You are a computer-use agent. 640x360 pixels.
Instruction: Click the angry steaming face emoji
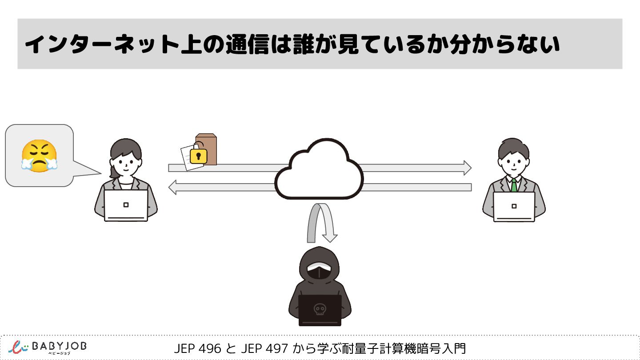pyautogui.click(x=39, y=156)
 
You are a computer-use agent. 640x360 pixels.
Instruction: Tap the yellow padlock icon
pyautogui.click(x=199, y=156)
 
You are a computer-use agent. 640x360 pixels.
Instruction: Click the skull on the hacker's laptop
pyautogui.click(x=319, y=309)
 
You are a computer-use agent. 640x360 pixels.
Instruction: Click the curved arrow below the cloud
pyautogui.click(x=320, y=222)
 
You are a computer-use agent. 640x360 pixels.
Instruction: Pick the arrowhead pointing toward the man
pyautogui.click(x=467, y=168)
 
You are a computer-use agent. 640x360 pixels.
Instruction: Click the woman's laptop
pyautogui.click(x=126, y=205)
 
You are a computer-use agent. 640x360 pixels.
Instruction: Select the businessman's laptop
pyautogui.click(x=514, y=206)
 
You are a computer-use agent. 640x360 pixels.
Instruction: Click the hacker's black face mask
pyautogui.click(x=319, y=272)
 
